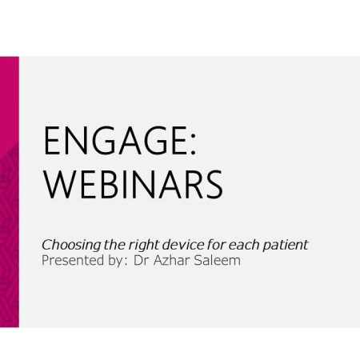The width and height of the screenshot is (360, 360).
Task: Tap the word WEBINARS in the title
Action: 134,185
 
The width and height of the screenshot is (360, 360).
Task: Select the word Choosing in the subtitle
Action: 71,246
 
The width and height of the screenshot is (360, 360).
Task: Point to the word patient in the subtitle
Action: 286,246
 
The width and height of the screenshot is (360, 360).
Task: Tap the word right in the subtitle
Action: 144,246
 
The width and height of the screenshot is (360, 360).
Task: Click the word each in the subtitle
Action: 244,245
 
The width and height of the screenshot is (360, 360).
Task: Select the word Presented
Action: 73,260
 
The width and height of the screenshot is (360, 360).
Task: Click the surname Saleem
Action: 217,260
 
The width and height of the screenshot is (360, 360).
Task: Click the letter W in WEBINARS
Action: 58,185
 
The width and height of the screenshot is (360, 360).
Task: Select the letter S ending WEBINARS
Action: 214,185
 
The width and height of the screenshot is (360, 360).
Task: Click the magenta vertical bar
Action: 10,192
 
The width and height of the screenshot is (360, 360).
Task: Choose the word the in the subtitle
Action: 114,245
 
